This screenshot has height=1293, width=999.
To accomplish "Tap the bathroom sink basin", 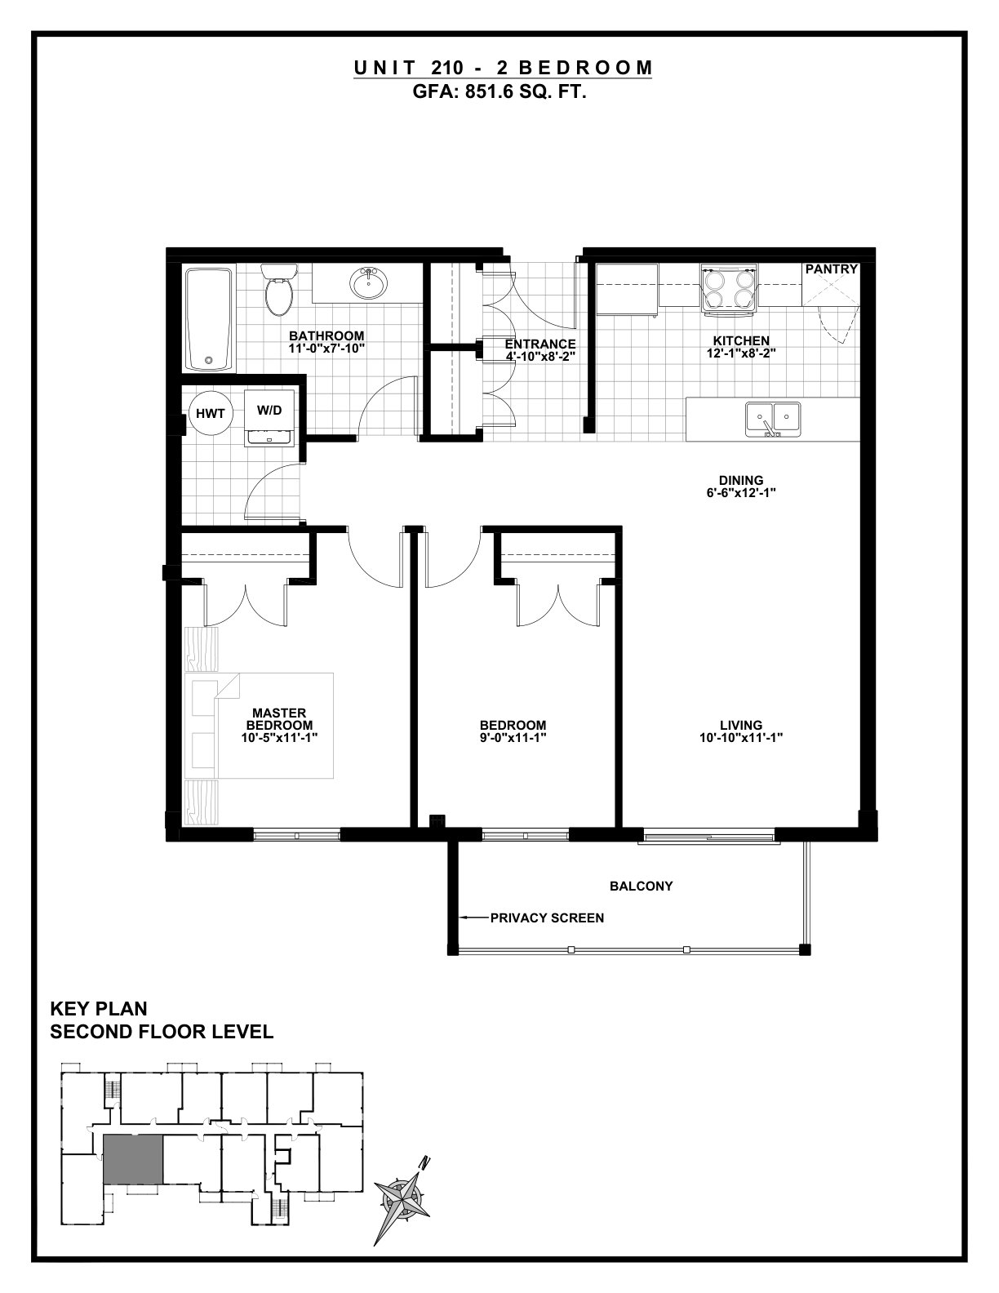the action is [x=369, y=283].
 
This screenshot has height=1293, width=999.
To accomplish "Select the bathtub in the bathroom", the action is [x=208, y=319].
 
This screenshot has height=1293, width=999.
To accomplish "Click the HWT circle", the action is [x=210, y=413].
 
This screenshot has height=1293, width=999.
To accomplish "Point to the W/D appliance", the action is [x=269, y=418].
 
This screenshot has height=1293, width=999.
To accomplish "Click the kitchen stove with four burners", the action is [x=728, y=288].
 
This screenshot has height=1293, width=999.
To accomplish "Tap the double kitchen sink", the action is [x=773, y=419].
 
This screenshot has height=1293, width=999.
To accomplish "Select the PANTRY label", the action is [x=831, y=269].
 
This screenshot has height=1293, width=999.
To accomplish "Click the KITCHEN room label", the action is [x=741, y=341].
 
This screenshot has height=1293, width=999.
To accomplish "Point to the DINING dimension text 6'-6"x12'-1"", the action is [x=741, y=493].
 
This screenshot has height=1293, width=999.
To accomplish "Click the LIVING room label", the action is [x=741, y=726].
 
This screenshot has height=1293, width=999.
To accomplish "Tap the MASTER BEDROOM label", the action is [x=279, y=719].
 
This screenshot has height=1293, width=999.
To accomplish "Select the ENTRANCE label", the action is [x=540, y=344].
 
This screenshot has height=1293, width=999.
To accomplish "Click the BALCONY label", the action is [x=642, y=886].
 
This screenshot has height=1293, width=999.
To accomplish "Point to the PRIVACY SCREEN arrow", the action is [x=473, y=918].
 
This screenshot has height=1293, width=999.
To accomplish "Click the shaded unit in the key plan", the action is [x=133, y=1159].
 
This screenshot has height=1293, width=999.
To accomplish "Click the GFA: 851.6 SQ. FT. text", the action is [x=499, y=91].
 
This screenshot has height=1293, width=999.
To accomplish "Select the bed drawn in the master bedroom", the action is [x=259, y=726].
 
